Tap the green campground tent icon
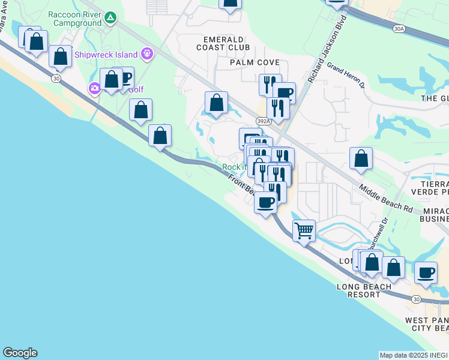pos(110,17)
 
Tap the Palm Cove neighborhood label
pos(255,62)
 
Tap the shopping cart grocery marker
pos(304,230)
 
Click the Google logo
pos(20,353)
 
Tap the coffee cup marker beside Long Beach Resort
pos(426,272)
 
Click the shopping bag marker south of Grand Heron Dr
pos(361,159)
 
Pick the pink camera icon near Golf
pos(94,89)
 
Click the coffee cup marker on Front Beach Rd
pos(265,202)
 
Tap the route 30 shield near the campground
pos(56,79)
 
